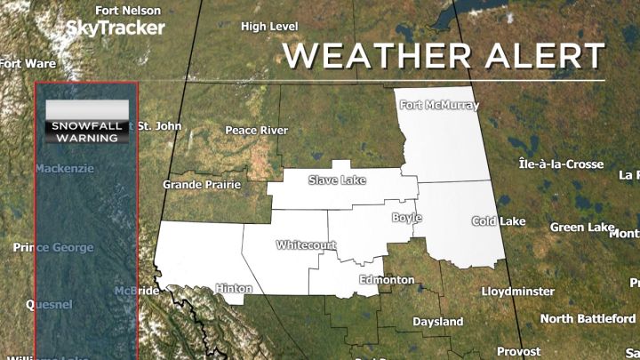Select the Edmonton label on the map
tap(387, 280)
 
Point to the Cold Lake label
tap(494, 221)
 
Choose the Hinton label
tap(234, 289)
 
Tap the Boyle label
tap(404, 218)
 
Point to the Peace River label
tap(256, 131)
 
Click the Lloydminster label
tap(517, 292)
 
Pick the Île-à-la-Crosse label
tap(561, 164)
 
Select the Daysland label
tap(437, 321)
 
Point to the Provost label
tap(518, 351)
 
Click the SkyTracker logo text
tap(116, 28)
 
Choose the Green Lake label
tap(579, 228)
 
